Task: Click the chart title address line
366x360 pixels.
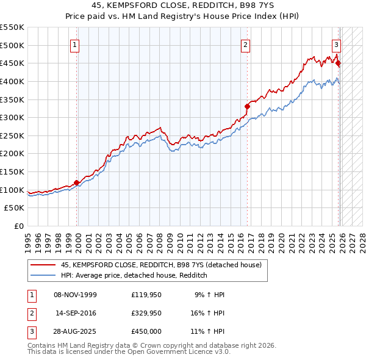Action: click(182, 5)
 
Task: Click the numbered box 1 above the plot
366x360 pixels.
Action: click(74, 44)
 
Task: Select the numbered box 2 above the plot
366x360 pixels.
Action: click(245, 44)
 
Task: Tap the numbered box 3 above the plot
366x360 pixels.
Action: click(335, 44)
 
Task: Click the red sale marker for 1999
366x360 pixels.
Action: click(77, 182)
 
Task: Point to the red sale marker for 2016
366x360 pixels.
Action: click(248, 106)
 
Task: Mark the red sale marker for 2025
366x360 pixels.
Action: click(339, 63)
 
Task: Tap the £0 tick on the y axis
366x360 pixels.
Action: click(18, 226)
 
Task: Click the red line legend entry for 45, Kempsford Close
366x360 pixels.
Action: click(161, 265)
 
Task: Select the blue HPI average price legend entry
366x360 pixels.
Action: click(134, 275)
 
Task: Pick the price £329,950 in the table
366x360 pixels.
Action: click(146, 313)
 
